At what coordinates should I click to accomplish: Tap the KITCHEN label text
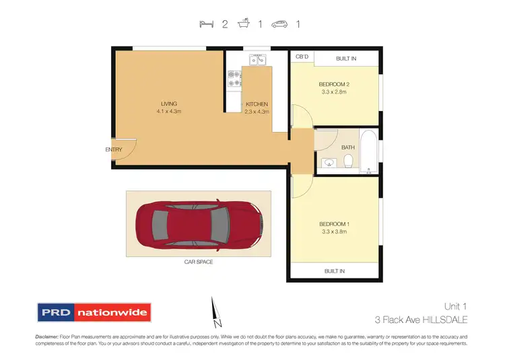click(257, 104)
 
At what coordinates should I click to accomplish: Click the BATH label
click(347, 147)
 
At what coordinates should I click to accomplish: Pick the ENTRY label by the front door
click(113, 149)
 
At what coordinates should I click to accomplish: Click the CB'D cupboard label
click(302, 58)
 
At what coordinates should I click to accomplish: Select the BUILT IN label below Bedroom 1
click(334, 271)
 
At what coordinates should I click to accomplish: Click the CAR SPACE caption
click(199, 262)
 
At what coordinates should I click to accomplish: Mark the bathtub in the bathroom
click(369, 151)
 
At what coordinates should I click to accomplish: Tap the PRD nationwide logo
click(94, 313)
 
